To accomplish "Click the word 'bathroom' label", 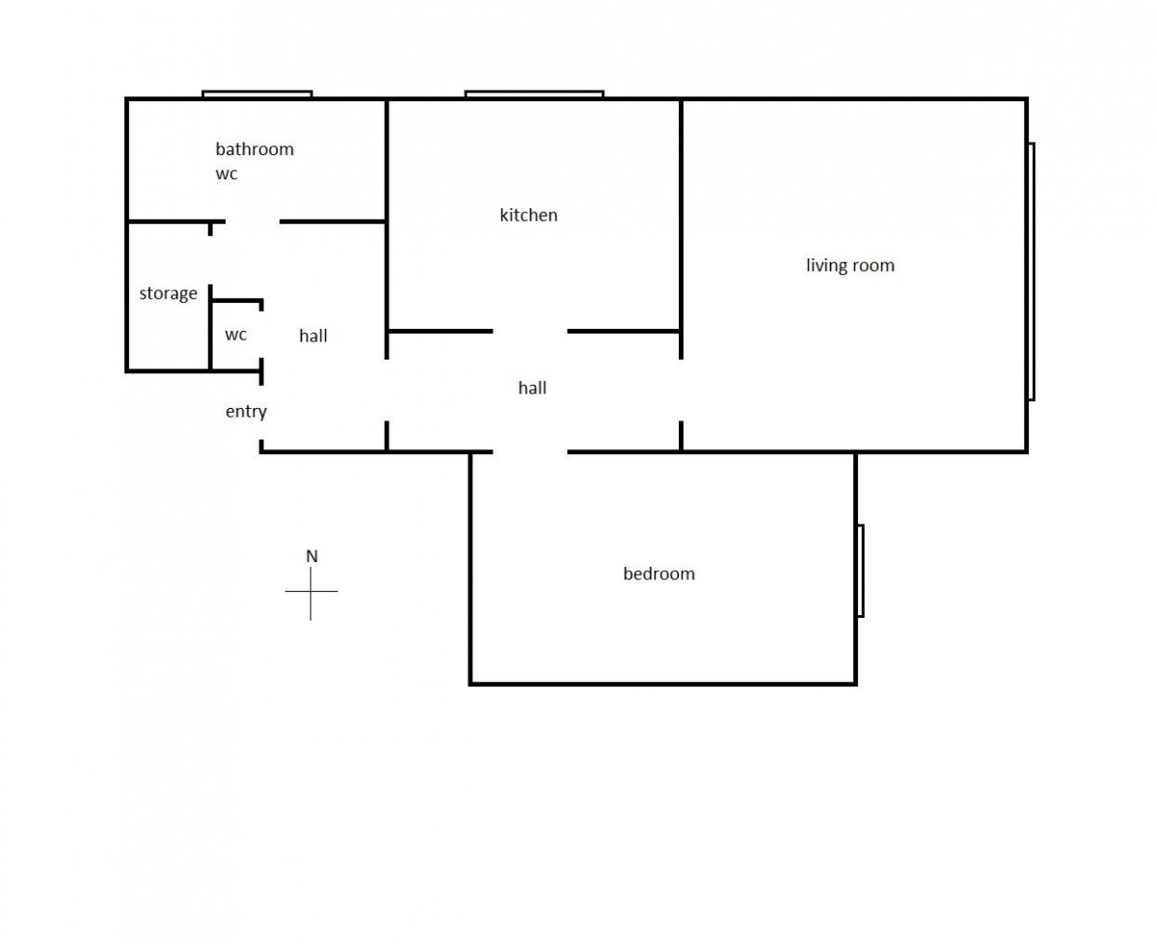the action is tap(255, 148).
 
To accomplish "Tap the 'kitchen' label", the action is tap(528, 214).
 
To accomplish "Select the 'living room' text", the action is tap(849, 265).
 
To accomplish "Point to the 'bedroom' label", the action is tap(659, 573).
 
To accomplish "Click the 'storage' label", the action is tap(168, 293).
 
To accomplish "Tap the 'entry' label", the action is tap(246, 412).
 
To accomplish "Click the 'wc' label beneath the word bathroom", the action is tap(226, 175).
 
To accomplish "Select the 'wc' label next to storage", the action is tap(235, 335).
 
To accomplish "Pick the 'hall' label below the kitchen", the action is tap(532, 388).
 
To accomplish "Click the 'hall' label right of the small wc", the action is tap(313, 336).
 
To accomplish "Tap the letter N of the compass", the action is tap(311, 556).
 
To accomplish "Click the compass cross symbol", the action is tap(311, 591).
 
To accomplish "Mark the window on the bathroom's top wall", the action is tap(257, 94).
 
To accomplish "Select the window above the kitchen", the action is tap(534, 94).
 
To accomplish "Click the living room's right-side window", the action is tap(1032, 272).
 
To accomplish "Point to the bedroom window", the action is tap(860, 571).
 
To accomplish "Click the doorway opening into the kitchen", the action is tap(530, 332).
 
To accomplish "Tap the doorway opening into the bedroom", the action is tap(530, 452).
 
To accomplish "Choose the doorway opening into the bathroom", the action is tap(253, 222).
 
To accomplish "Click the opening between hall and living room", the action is tap(681, 390).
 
